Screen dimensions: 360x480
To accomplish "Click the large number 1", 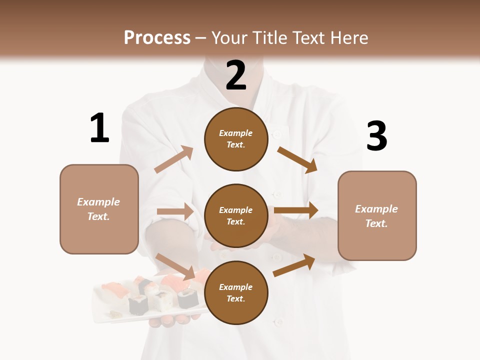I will click(x=99, y=128).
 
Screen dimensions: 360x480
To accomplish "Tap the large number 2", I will click(x=236, y=75).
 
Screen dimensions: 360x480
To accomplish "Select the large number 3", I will click(x=376, y=136).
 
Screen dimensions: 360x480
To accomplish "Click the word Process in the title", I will click(x=157, y=37).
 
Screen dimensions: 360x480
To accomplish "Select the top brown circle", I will click(x=236, y=139).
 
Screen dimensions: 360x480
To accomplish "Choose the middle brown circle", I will click(x=236, y=215).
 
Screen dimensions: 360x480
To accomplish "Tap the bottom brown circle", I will click(x=236, y=292).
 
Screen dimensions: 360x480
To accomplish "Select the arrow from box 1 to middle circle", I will click(x=175, y=211).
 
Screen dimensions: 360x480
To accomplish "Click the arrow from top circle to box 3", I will click(x=297, y=159).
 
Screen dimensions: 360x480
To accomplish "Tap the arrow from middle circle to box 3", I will click(x=296, y=210).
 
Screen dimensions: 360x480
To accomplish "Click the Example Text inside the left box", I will click(x=98, y=209).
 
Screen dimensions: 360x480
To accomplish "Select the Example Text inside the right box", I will click(x=376, y=216).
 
